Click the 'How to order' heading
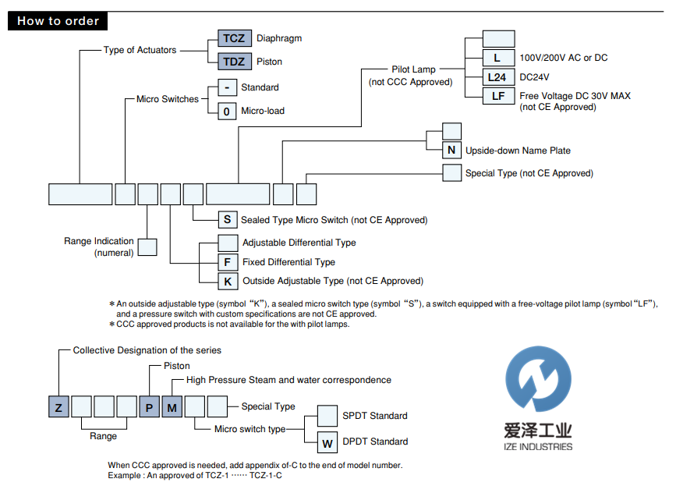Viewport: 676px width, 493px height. pos(58,21)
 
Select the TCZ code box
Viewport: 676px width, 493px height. pos(233,38)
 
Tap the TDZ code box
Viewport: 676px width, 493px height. pos(233,62)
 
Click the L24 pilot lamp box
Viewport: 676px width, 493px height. pos(498,77)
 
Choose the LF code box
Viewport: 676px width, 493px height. pos(498,96)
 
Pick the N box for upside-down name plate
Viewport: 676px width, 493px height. pos(451,151)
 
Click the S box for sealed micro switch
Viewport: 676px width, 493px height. pos(227,220)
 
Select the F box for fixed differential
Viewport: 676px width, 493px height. pos(228,262)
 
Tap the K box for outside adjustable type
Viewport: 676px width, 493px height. pos(228,281)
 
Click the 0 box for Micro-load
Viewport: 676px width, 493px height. pos(226,111)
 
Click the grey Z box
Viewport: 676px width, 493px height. pos(58,406)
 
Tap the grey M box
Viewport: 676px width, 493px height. pos(172,406)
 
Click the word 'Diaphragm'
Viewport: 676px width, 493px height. pos(278,38)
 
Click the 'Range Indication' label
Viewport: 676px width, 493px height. pos(99,242)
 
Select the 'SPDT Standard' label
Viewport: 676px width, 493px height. pos(375,416)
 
